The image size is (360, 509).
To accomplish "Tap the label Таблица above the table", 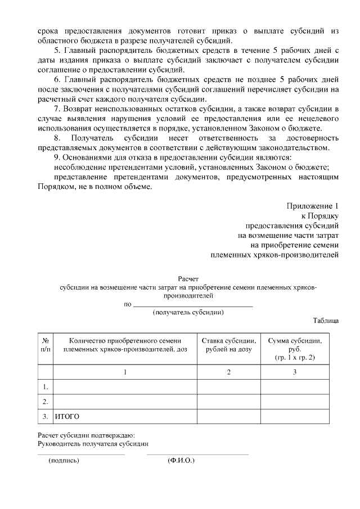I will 326,321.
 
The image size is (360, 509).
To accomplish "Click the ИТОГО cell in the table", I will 67,417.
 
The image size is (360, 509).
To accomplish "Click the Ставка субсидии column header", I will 229,345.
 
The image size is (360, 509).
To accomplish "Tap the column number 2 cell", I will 229,372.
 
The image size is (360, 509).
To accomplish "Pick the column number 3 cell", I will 295,372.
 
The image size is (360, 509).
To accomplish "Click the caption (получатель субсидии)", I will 188,312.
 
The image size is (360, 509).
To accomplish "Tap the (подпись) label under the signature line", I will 64,461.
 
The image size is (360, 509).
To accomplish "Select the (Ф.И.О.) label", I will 181,461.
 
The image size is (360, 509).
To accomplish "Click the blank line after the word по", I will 192,305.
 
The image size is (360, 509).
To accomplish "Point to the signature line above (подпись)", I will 81,454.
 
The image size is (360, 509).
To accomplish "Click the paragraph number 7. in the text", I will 57,107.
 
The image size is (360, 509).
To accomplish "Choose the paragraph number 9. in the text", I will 57,157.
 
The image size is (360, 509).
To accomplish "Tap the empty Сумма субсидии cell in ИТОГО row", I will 295,417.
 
